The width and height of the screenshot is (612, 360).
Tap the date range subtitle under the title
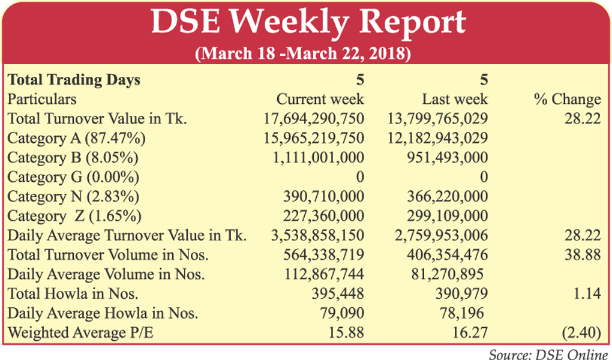pyautogui.click(x=303, y=53)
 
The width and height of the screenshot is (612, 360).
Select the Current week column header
pyautogui.click(x=320, y=99)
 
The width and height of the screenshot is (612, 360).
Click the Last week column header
pyautogui.click(x=455, y=99)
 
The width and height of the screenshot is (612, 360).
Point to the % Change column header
pyautogui.click(x=567, y=99)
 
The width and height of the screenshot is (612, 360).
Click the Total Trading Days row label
pyautogui.click(x=74, y=80)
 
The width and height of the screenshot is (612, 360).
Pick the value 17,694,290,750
pyautogui.click(x=314, y=119)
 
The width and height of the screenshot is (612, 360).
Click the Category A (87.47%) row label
pyautogui.click(x=76, y=138)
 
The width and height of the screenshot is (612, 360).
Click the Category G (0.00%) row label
pyautogui.click(x=73, y=177)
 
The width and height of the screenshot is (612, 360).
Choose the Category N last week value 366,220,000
pyautogui.click(x=445, y=197)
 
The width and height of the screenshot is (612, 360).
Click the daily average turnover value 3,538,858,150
pyautogui.click(x=318, y=236)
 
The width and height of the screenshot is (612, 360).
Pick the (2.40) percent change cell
pyautogui.click(x=580, y=333)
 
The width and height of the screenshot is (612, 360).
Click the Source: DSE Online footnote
pyautogui.click(x=548, y=354)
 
